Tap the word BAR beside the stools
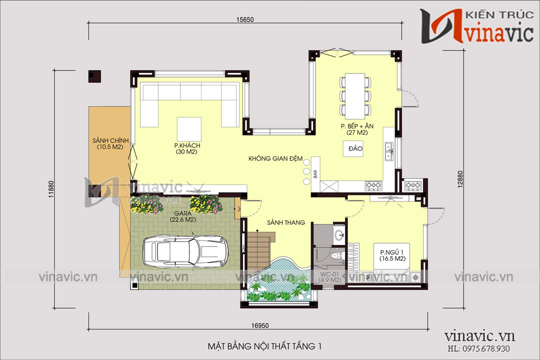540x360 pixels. tap(315, 174)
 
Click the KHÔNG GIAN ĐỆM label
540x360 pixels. tap(275, 159)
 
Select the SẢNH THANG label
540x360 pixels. tap(285, 222)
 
